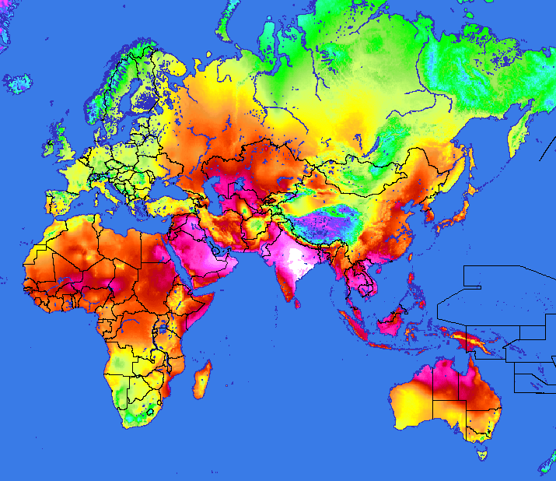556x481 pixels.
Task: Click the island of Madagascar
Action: pyautogui.click(x=201, y=382)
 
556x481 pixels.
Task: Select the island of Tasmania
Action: pyautogui.click(x=481, y=450)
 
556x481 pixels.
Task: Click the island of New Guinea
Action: pyautogui.click(x=474, y=342)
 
